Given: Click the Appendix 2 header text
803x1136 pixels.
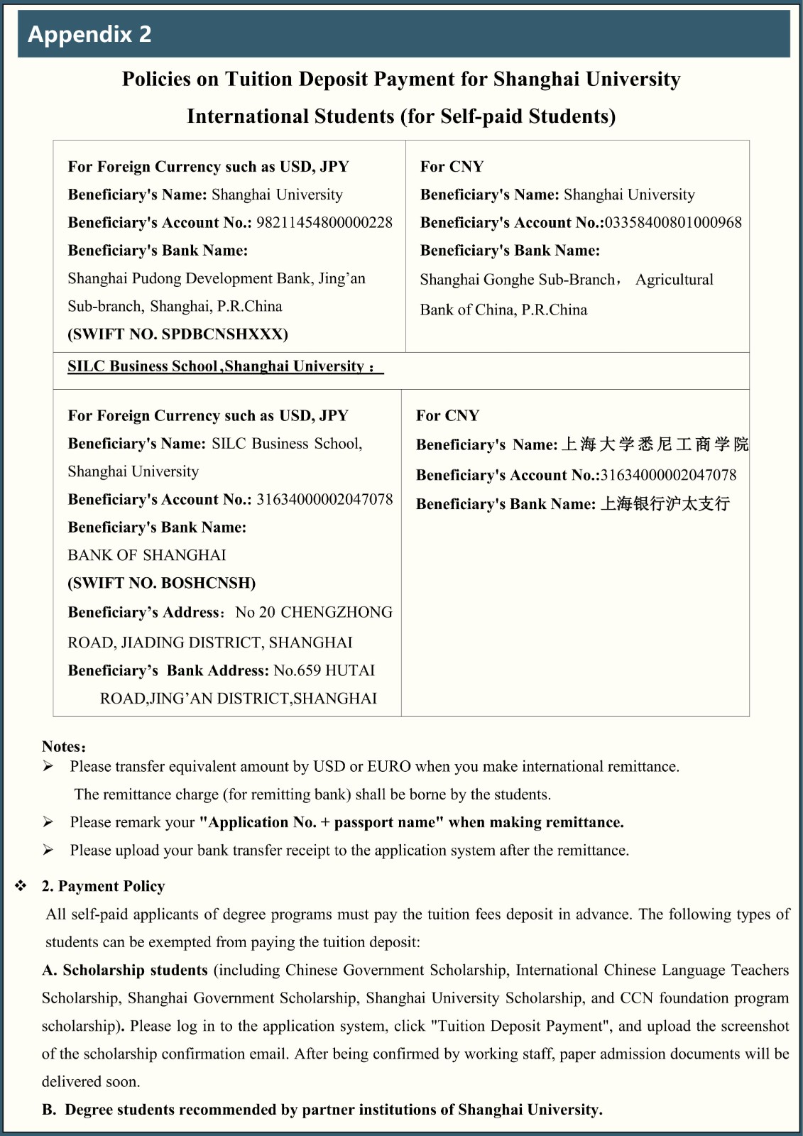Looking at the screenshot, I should point(89,34).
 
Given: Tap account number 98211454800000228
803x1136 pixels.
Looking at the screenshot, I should point(324,222).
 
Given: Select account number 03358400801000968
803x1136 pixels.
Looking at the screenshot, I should point(673,222).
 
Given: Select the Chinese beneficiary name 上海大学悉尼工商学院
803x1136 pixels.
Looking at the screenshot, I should point(655,444).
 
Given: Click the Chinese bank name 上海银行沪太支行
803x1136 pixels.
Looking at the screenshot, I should point(665,504).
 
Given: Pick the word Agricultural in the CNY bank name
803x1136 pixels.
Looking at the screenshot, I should point(674,280).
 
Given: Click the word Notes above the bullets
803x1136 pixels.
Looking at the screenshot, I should point(63,746).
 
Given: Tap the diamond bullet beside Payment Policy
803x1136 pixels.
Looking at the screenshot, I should point(21,886).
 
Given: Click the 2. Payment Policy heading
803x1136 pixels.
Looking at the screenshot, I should point(103,886).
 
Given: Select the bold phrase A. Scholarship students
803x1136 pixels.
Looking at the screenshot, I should point(125,970).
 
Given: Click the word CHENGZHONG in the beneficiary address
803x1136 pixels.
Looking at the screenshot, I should point(337,612).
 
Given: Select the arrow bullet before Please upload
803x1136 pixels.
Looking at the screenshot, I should point(48,850).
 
